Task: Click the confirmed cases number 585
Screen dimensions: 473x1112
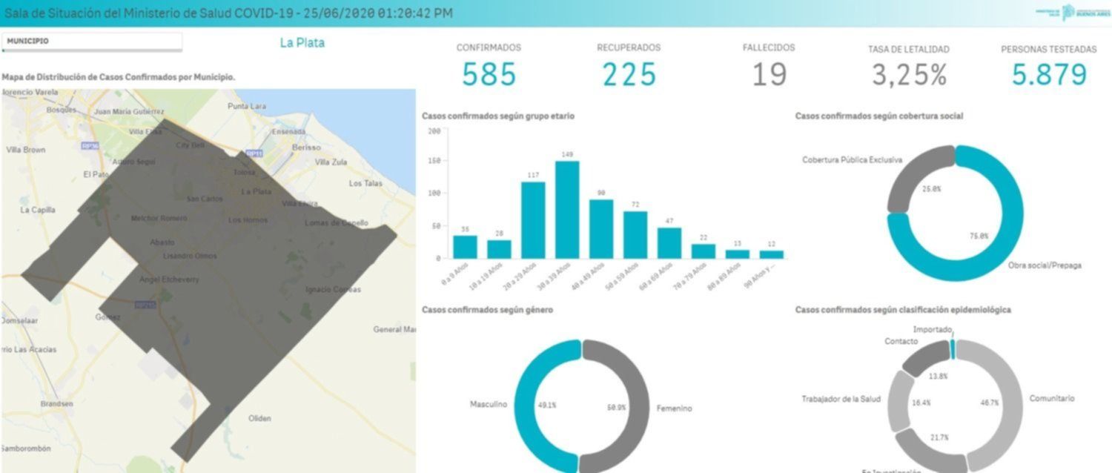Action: [x=489, y=74]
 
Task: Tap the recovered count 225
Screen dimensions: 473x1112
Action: [x=629, y=74]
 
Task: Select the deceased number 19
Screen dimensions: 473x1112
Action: [x=769, y=74]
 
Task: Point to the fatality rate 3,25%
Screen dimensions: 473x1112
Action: [x=909, y=75]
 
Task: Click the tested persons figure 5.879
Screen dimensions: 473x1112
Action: [x=1049, y=74]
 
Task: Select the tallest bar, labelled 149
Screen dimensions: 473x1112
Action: [x=567, y=209]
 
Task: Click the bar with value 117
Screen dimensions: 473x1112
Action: [x=533, y=219]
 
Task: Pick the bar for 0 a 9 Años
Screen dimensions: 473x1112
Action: [x=465, y=246]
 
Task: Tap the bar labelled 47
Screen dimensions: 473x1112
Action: [x=669, y=242]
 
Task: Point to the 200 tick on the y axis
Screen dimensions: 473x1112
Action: [x=434, y=131]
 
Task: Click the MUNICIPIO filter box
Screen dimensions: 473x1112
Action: [x=91, y=42]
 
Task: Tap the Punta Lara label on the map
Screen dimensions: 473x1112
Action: [x=247, y=106]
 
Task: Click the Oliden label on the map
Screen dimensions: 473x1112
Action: [x=259, y=418]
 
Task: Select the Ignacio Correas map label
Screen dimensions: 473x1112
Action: [x=333, y=289]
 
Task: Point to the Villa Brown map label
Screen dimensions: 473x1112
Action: [x=26, y=150]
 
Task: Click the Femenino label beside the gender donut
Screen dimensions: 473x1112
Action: [x=674, y=408]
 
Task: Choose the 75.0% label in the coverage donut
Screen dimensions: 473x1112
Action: [x=979, y=236]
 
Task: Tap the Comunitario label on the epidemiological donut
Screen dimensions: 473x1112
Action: [x=1051, y=399]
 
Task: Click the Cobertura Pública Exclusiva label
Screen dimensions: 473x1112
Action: [x=852, y=160]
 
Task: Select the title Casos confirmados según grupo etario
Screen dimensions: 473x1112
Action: [x=497, y=116]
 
